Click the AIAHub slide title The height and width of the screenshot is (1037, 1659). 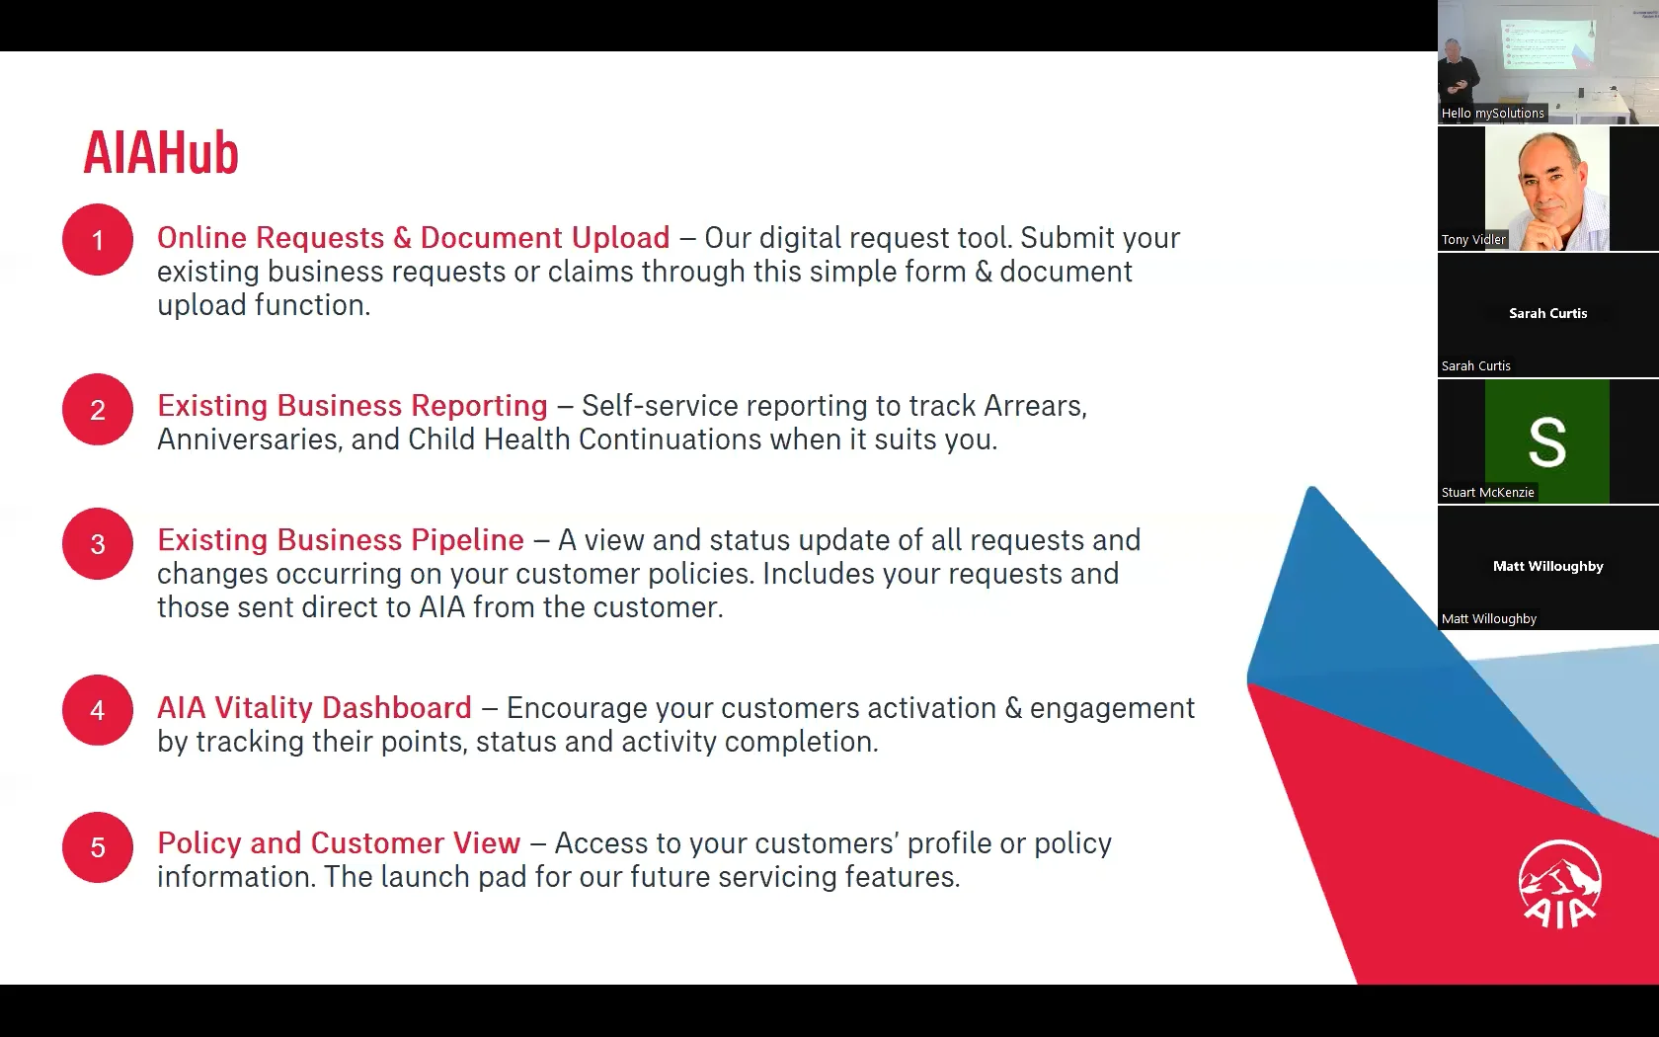(x=161, y=152)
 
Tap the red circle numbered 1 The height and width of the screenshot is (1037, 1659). (x=98, y=239)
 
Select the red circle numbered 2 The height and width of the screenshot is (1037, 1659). (x=98, y=409)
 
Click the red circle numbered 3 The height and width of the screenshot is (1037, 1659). (x=98, y=543)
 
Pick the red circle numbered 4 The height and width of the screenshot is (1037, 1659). (x=98, y=709)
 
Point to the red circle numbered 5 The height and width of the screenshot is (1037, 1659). (x=98, y=847)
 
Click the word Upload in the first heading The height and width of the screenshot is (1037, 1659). (x=620, y=239)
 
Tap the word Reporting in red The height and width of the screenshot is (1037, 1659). (x=479, y=407)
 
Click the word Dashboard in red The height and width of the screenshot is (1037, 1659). (x=396, y=708)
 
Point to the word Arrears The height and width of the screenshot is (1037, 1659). (x=1035, y=407)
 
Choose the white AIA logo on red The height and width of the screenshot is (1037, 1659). (x=1560, y=884)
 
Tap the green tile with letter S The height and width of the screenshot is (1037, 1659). (x=1547, y=441)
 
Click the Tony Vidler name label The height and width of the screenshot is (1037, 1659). (x=1473, y=239)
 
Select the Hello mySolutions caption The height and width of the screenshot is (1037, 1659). (x=1492, y=114)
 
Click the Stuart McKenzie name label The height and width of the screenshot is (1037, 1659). (x=1487, y=493)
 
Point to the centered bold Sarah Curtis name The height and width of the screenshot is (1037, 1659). (x=1548, y=313)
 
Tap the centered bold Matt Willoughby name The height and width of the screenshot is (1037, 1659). (x=1548, y=567)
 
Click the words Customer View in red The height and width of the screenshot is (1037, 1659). (x=415, y=843)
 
